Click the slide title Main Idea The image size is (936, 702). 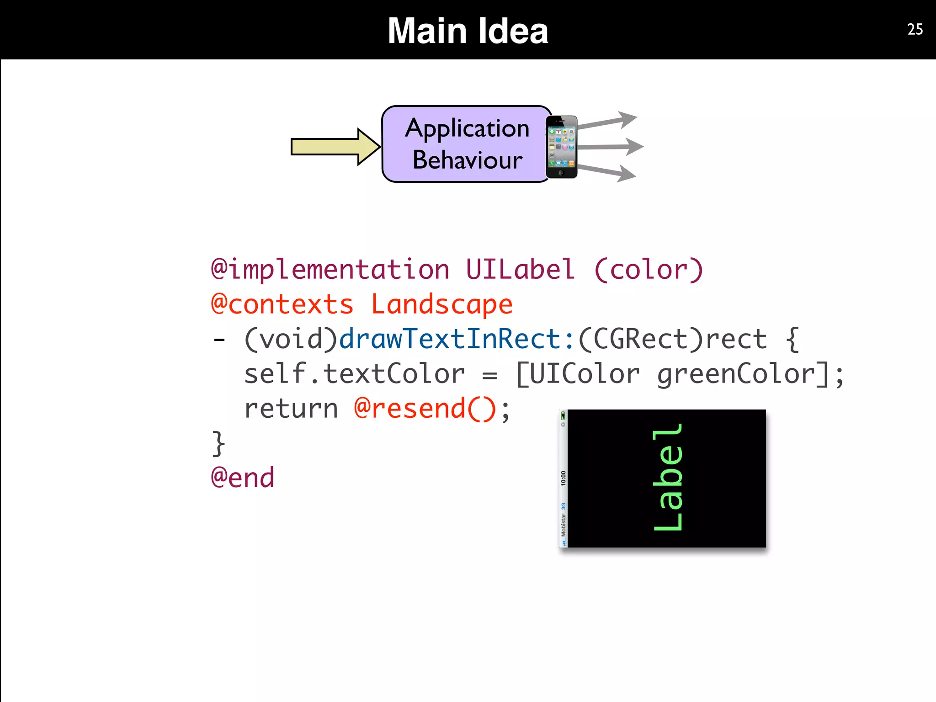[x=468, y=31]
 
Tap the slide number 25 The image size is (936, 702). [x=915, y=29]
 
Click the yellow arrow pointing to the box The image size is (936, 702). [x=335, y=147]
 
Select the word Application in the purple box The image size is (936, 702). [x=467, y=128]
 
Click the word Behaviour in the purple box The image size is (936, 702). [x=467, y=160]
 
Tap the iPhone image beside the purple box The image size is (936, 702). [x=562, y=147]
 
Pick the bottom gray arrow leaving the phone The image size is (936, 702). [x=607, y=172]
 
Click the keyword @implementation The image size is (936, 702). [x=330, y=269]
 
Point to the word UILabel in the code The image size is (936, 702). [x=520, y=269]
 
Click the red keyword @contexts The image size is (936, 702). [x=282, y=304]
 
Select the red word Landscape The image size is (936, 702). [x=441, y=304]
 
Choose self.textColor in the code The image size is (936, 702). [x=354, y=374]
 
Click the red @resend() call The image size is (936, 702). [x=425, y=409]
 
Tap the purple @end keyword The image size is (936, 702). [x=243, y=478]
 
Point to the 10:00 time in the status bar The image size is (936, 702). [x=563, y=478]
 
